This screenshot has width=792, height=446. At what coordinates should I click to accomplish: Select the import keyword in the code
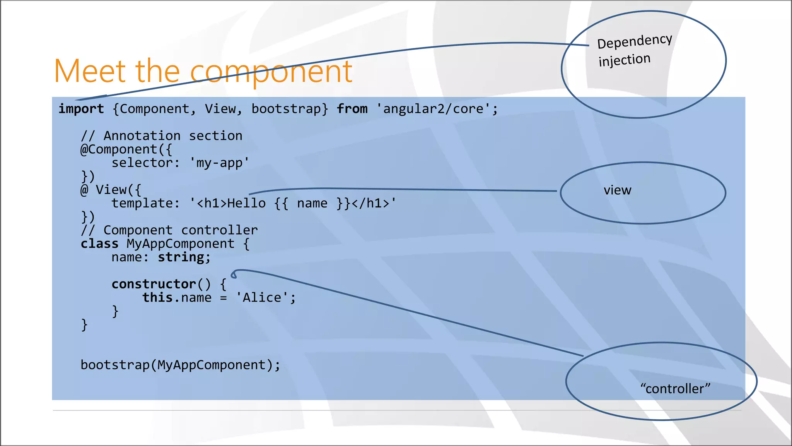[x=81, y=109]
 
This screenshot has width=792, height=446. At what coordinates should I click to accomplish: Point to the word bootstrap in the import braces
[x=286, y=109]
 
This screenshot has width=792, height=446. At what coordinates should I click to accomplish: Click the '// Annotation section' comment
[x=161, y=136]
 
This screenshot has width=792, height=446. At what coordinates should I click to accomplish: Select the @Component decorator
[x=119, y=149]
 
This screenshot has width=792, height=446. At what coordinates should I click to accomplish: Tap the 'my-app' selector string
[x=219, y=163]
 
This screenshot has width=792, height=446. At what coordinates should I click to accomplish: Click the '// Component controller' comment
[x=169, y=230]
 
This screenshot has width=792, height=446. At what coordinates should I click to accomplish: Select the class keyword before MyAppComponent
[x=99, y=244]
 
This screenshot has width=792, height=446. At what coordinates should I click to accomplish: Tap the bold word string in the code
[x=181, y=257]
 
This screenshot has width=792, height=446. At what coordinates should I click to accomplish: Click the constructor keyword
[x=154, y=284]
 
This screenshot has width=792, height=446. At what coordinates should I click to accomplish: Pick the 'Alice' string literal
[x=262, y=298]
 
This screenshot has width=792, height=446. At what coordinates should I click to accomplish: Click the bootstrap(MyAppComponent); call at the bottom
[x=180, y=365]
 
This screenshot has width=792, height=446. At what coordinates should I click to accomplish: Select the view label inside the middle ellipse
[x=617, y=190]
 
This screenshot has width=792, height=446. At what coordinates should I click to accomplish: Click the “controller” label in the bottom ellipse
[x=675, y=388]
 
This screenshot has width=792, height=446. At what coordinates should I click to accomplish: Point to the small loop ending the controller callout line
[x=234, y=275]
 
